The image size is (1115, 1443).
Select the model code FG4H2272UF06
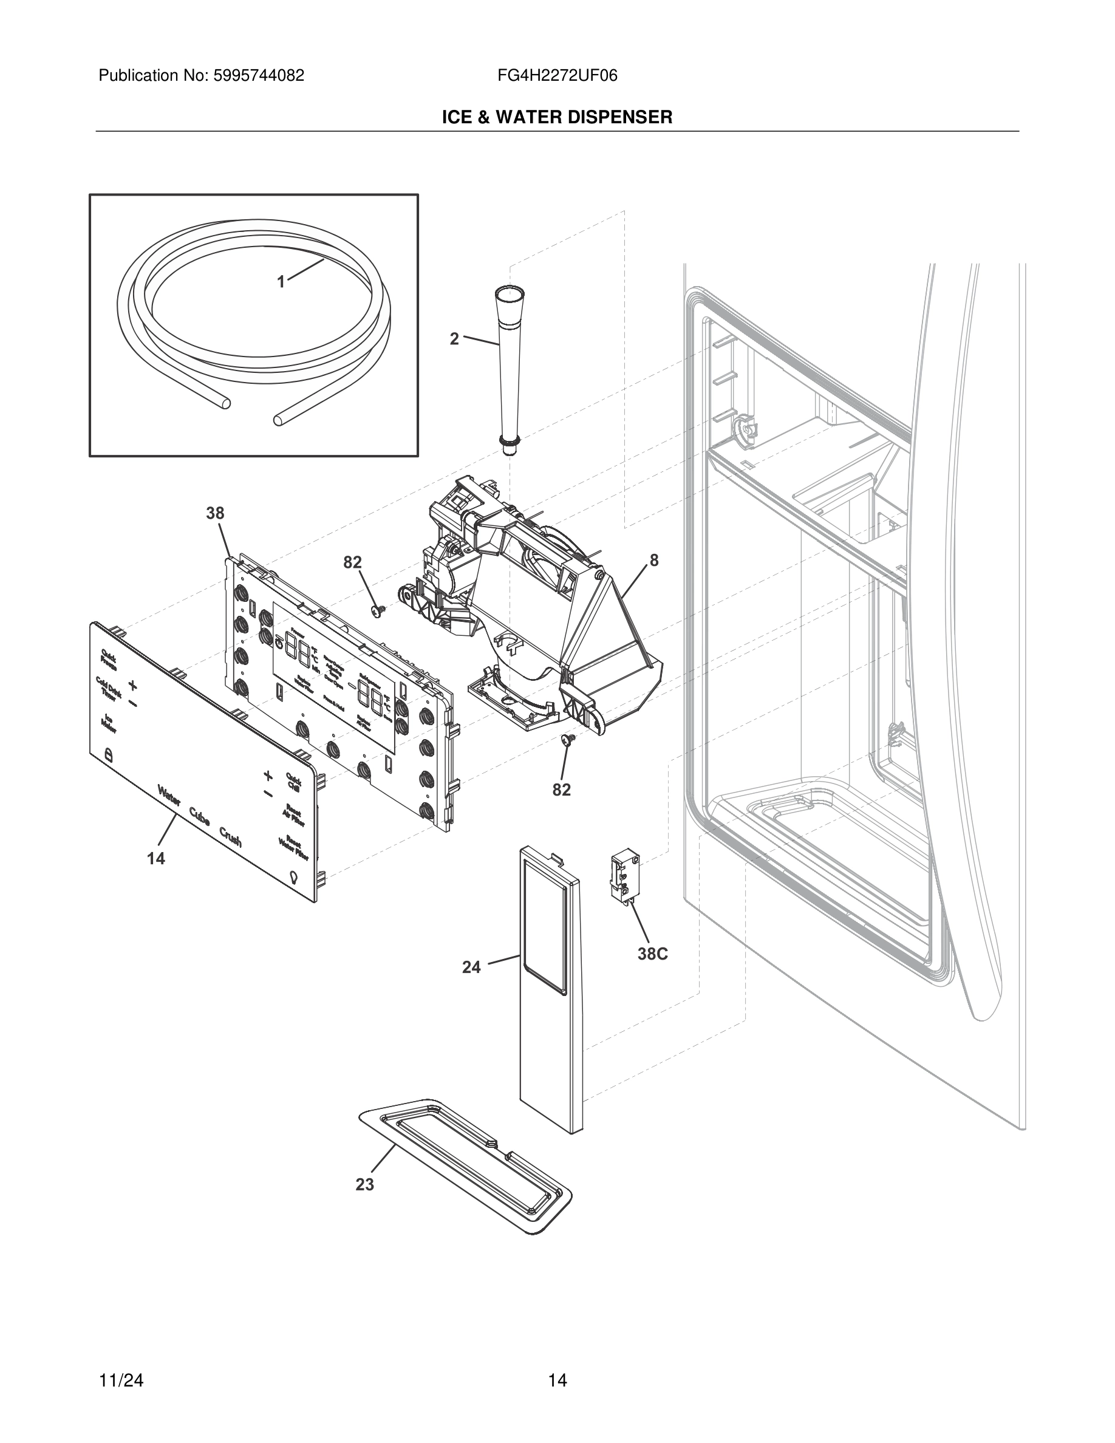point(557,76)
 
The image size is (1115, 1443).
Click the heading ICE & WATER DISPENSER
point(557,118)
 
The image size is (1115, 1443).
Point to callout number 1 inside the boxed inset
point(281,282)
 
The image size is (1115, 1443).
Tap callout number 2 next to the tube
point(454,339)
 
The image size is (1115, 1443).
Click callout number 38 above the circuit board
point(216,513)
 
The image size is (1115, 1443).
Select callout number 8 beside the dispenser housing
point(654,561)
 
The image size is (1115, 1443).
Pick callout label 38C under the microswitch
point(653,954)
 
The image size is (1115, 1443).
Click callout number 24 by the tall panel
point(471,967)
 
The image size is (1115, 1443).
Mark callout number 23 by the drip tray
point(364,1185)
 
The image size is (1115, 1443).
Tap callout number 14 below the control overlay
point(156,859)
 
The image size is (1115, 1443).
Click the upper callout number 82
point(352,562)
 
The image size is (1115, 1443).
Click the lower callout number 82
point(562,790)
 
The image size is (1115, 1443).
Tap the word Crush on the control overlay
point(231,837)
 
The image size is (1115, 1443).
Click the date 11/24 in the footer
point(121,1380)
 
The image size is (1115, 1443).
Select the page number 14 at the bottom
point(557,1380)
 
